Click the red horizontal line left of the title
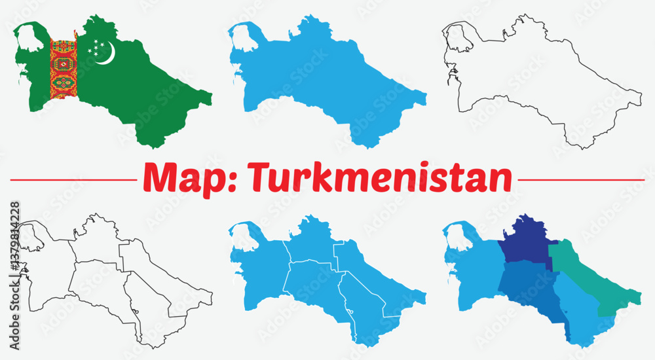[72, 179]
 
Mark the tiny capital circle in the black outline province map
[135, 313]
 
